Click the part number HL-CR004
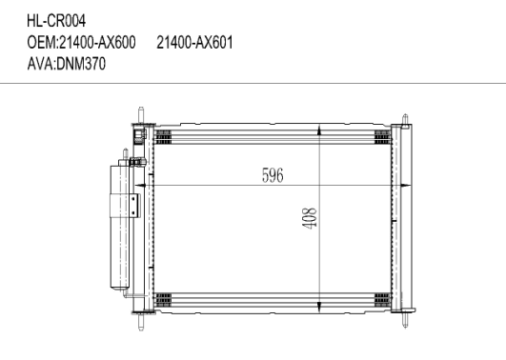[56, 21]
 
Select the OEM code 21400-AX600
[97, 43]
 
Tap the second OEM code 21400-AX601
[194, 43]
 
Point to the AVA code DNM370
[81, 64]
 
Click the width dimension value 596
[273, 175]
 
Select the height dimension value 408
[309, 218]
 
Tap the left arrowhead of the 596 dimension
[139, 185]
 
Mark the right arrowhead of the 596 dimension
[406, 185]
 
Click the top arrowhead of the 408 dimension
[319, 130]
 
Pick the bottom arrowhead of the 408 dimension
[319, 307]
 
